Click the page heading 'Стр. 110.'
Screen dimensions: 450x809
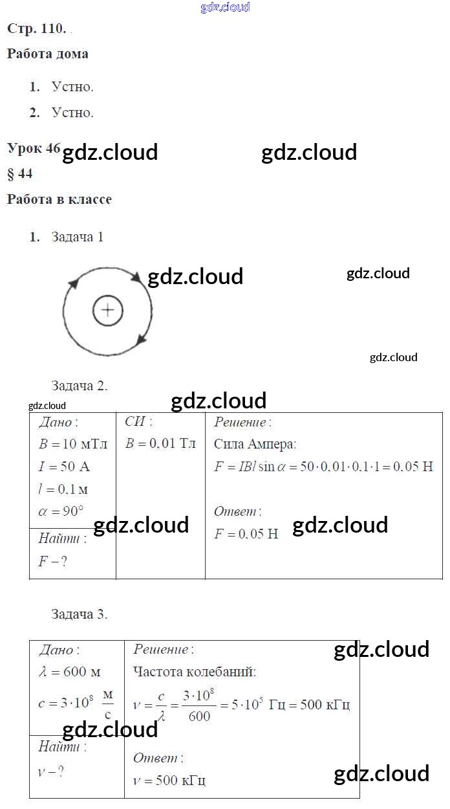(36, 28)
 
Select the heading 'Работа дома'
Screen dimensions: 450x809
(47, 54)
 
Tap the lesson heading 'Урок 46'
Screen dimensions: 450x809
(34, 148)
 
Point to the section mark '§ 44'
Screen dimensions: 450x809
(19, 173)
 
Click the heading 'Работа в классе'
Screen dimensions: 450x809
(59, 199)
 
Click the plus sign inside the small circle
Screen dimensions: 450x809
(108, 311)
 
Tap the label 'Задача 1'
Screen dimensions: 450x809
(78, 237)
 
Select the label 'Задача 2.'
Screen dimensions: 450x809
(80, 386)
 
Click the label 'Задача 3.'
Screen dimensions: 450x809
(80, 614)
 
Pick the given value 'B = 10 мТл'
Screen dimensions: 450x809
(72, 444)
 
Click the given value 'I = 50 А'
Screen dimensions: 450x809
(65, 466)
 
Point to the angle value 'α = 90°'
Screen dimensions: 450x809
(61, 511)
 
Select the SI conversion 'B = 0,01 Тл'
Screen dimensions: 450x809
(160, 444)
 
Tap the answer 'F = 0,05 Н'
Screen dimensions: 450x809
(246, 534)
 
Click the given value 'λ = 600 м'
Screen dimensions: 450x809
(70, 672)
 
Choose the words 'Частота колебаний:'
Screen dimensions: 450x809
(195, 672)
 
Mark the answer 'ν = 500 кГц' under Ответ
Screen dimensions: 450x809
(169, 781)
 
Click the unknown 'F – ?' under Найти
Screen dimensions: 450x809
(52, 561)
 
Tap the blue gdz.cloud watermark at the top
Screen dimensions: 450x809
(225, 8)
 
